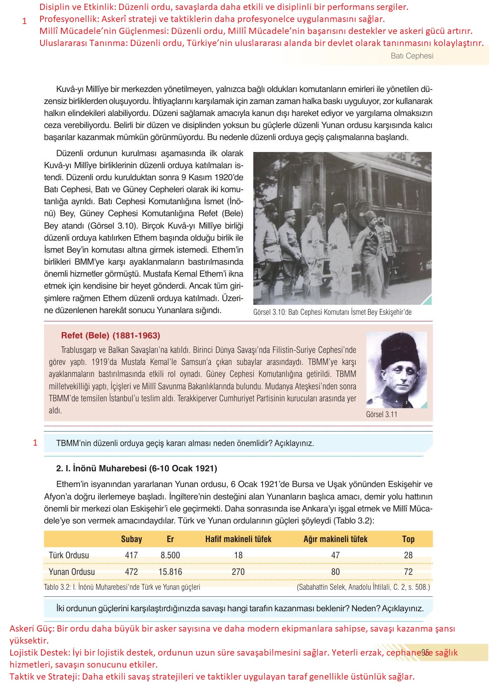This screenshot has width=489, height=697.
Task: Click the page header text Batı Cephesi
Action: coord(412,56)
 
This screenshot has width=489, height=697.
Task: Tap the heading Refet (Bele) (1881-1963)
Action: coord(110,335)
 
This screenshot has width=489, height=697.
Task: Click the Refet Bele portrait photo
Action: coord(396,370)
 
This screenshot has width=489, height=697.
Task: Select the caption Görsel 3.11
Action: coord(381,414)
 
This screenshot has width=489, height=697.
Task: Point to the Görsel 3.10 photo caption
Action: coord(332,312)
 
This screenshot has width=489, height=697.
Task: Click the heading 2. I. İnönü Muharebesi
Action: coord(136,468)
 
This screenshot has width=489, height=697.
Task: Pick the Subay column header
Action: coord(131,539)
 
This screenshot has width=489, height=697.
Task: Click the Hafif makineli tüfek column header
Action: coord(238,539)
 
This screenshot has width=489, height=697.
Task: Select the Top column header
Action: coord(408,539)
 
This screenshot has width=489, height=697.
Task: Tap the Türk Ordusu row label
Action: coord(69,555)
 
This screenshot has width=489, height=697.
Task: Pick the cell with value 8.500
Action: coord(170,555)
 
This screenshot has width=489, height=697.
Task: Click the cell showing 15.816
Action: coord(170,572)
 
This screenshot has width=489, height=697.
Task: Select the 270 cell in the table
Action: coord(238,572)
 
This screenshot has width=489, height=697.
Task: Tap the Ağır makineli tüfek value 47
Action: coord(335,555)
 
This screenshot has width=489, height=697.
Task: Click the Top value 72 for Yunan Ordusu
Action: coord(408,572)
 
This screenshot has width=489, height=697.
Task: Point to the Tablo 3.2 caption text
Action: coord(122,587)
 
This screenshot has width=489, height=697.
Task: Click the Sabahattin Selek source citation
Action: coord(363,587)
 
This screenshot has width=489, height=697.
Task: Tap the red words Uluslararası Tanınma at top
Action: coord(83,43)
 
